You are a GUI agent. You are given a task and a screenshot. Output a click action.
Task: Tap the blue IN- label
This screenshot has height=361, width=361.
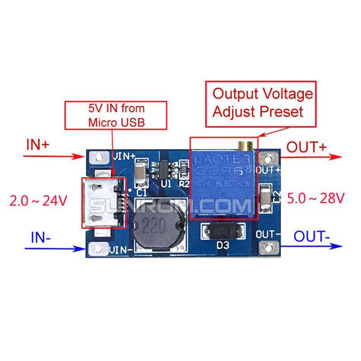41,237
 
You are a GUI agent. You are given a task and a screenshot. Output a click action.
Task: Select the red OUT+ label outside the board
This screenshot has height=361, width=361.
306,147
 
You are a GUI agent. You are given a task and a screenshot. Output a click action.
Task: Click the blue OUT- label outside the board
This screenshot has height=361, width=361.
312,236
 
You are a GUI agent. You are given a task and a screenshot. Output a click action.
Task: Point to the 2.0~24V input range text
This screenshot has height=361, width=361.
38,201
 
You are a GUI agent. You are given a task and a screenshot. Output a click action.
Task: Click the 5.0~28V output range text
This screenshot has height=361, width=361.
315,198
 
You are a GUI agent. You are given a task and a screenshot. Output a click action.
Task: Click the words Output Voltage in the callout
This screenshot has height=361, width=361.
263,94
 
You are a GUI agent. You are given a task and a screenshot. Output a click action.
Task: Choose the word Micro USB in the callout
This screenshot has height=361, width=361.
117,122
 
